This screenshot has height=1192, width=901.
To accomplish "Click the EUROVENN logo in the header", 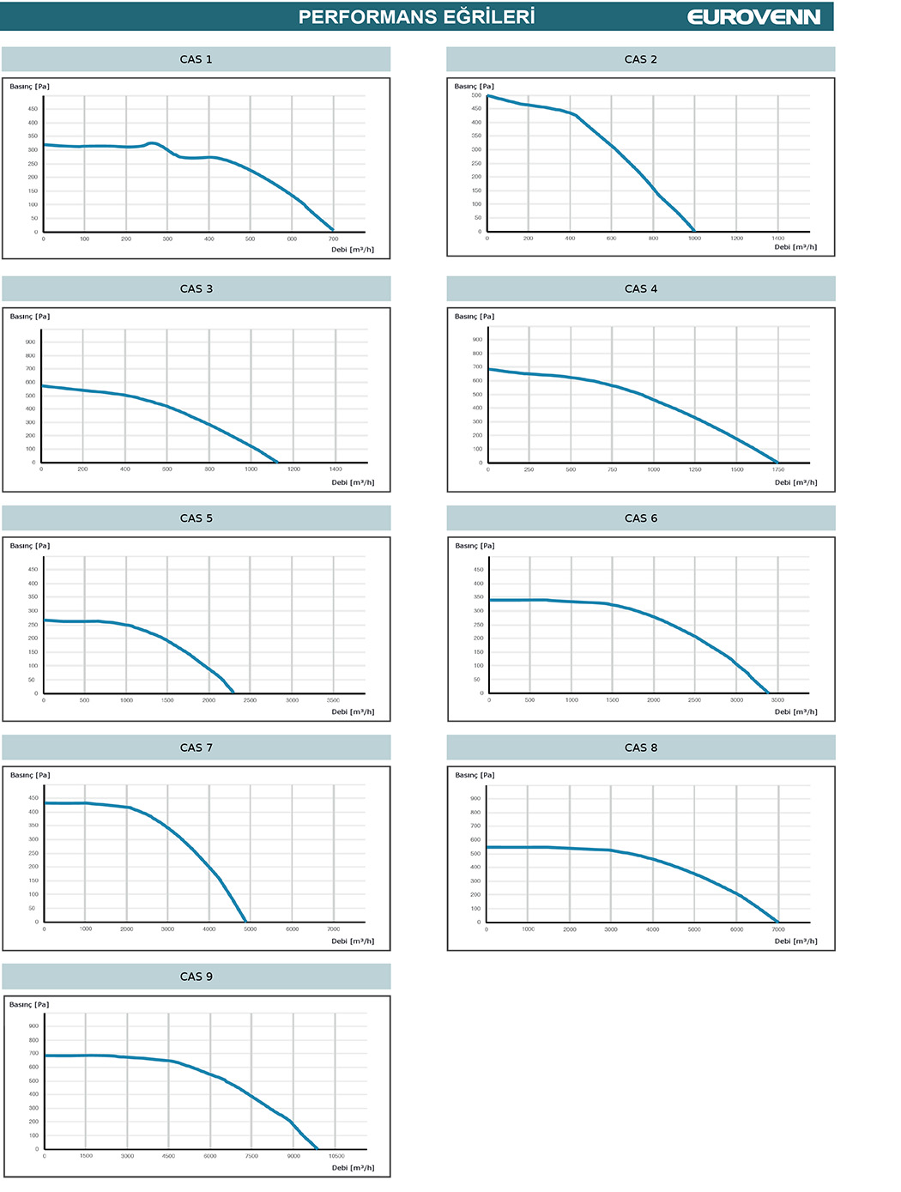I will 753,17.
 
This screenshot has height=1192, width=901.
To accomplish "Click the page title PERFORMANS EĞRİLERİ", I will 416,17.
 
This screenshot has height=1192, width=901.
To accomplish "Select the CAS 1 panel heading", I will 196,59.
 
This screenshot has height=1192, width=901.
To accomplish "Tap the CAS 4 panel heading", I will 641,289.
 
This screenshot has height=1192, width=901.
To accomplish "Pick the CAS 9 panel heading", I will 196,977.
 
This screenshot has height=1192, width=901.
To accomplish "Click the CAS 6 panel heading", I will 641,518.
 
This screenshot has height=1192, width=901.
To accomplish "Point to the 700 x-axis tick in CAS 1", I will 334,239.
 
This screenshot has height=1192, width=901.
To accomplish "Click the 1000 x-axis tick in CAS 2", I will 694,239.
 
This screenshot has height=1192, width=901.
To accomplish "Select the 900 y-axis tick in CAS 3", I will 31,342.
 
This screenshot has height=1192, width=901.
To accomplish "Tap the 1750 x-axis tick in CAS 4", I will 777,470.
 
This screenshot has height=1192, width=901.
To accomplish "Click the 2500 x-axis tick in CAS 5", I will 250,700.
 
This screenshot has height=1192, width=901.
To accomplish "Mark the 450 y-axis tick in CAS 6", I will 478,570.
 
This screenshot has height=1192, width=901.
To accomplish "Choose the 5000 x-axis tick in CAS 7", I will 250,929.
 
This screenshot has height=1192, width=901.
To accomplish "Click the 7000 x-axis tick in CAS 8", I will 777,929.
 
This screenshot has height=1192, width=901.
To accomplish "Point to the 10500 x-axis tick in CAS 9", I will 336,1156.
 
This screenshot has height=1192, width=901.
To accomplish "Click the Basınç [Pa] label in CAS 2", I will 475,87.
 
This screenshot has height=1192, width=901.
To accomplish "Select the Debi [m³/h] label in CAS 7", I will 353,941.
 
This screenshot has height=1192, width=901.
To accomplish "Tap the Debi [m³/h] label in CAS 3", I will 353,482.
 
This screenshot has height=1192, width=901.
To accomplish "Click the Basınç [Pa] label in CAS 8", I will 475,775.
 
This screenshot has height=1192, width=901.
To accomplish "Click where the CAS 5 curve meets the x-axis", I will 233,693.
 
